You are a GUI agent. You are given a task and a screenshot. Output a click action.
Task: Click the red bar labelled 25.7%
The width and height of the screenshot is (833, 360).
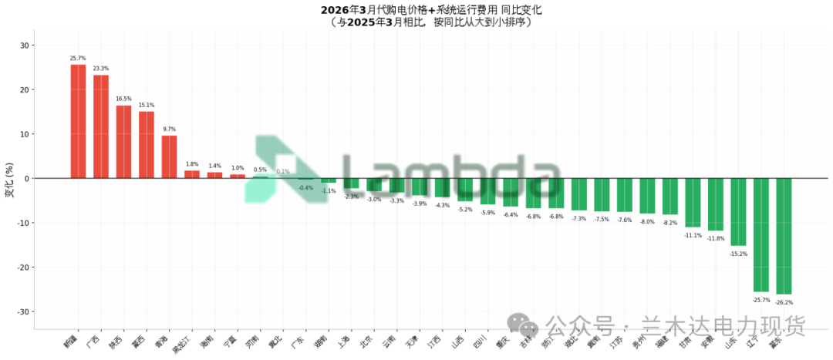(x=78, y=121)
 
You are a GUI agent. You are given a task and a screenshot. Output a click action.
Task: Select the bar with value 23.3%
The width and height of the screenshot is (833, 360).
(x=101, y=126)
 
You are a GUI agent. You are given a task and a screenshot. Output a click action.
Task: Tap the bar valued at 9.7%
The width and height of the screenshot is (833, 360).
(x=169, y=156)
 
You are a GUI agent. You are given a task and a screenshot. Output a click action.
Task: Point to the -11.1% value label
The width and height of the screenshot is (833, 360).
(x=693, y=235)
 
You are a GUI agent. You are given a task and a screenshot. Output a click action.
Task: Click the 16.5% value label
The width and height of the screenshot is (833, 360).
(x=123, y=99)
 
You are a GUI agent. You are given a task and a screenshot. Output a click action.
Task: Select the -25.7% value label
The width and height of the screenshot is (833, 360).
(x=761, y=299)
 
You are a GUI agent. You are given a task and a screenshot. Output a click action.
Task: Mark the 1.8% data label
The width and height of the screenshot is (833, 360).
(x=192, y=164)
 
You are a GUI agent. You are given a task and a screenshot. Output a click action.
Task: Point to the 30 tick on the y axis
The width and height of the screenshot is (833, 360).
(x=23, y=45)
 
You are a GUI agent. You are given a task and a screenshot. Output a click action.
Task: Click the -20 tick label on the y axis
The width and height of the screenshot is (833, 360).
(x=21, y=267)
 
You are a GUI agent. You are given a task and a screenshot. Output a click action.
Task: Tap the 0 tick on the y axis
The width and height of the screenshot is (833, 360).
(x=25, y=179)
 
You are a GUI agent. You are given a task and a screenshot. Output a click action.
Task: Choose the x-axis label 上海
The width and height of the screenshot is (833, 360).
(x=344, y=339)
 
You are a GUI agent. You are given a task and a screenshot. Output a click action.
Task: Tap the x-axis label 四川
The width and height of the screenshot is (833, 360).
(x=481, y=339)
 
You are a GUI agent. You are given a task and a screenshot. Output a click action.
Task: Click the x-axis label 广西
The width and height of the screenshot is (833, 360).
(x=93, y=339)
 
